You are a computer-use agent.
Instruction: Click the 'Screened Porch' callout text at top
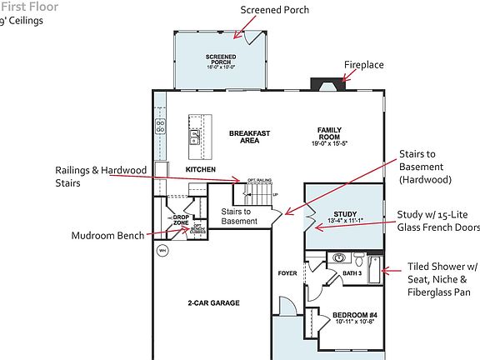[274, 10]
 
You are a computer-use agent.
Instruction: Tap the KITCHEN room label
[201, 169]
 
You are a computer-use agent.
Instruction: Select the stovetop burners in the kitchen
[160, 127]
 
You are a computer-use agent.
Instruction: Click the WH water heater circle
[162, 249]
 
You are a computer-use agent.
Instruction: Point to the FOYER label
[287, 272]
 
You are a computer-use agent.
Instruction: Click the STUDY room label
[344, 215]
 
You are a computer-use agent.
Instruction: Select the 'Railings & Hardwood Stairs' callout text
[101, 176]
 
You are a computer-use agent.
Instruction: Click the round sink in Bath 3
[359, 258]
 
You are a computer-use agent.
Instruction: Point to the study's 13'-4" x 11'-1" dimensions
[344, 222]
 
